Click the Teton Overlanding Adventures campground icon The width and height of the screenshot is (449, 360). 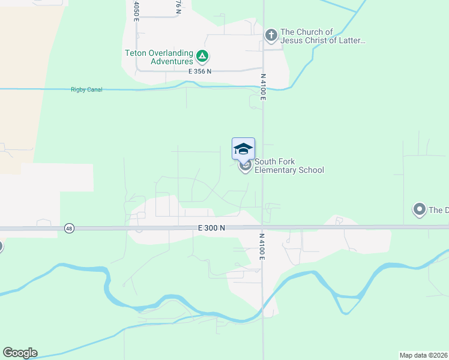202,57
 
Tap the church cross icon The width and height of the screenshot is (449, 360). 271,36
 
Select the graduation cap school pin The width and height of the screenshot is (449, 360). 243,149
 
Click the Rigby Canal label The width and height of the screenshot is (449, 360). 86,90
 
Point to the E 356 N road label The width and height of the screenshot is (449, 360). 200,71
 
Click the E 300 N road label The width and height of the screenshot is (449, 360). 211,228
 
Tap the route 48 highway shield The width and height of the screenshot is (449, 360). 70,229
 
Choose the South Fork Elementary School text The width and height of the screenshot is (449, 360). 289,166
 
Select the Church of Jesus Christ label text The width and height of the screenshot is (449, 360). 322,36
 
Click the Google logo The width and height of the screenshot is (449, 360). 20,353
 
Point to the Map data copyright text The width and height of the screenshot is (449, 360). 423,355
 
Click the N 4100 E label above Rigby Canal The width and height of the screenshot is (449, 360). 263,86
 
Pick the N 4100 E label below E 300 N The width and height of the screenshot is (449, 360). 262,247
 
